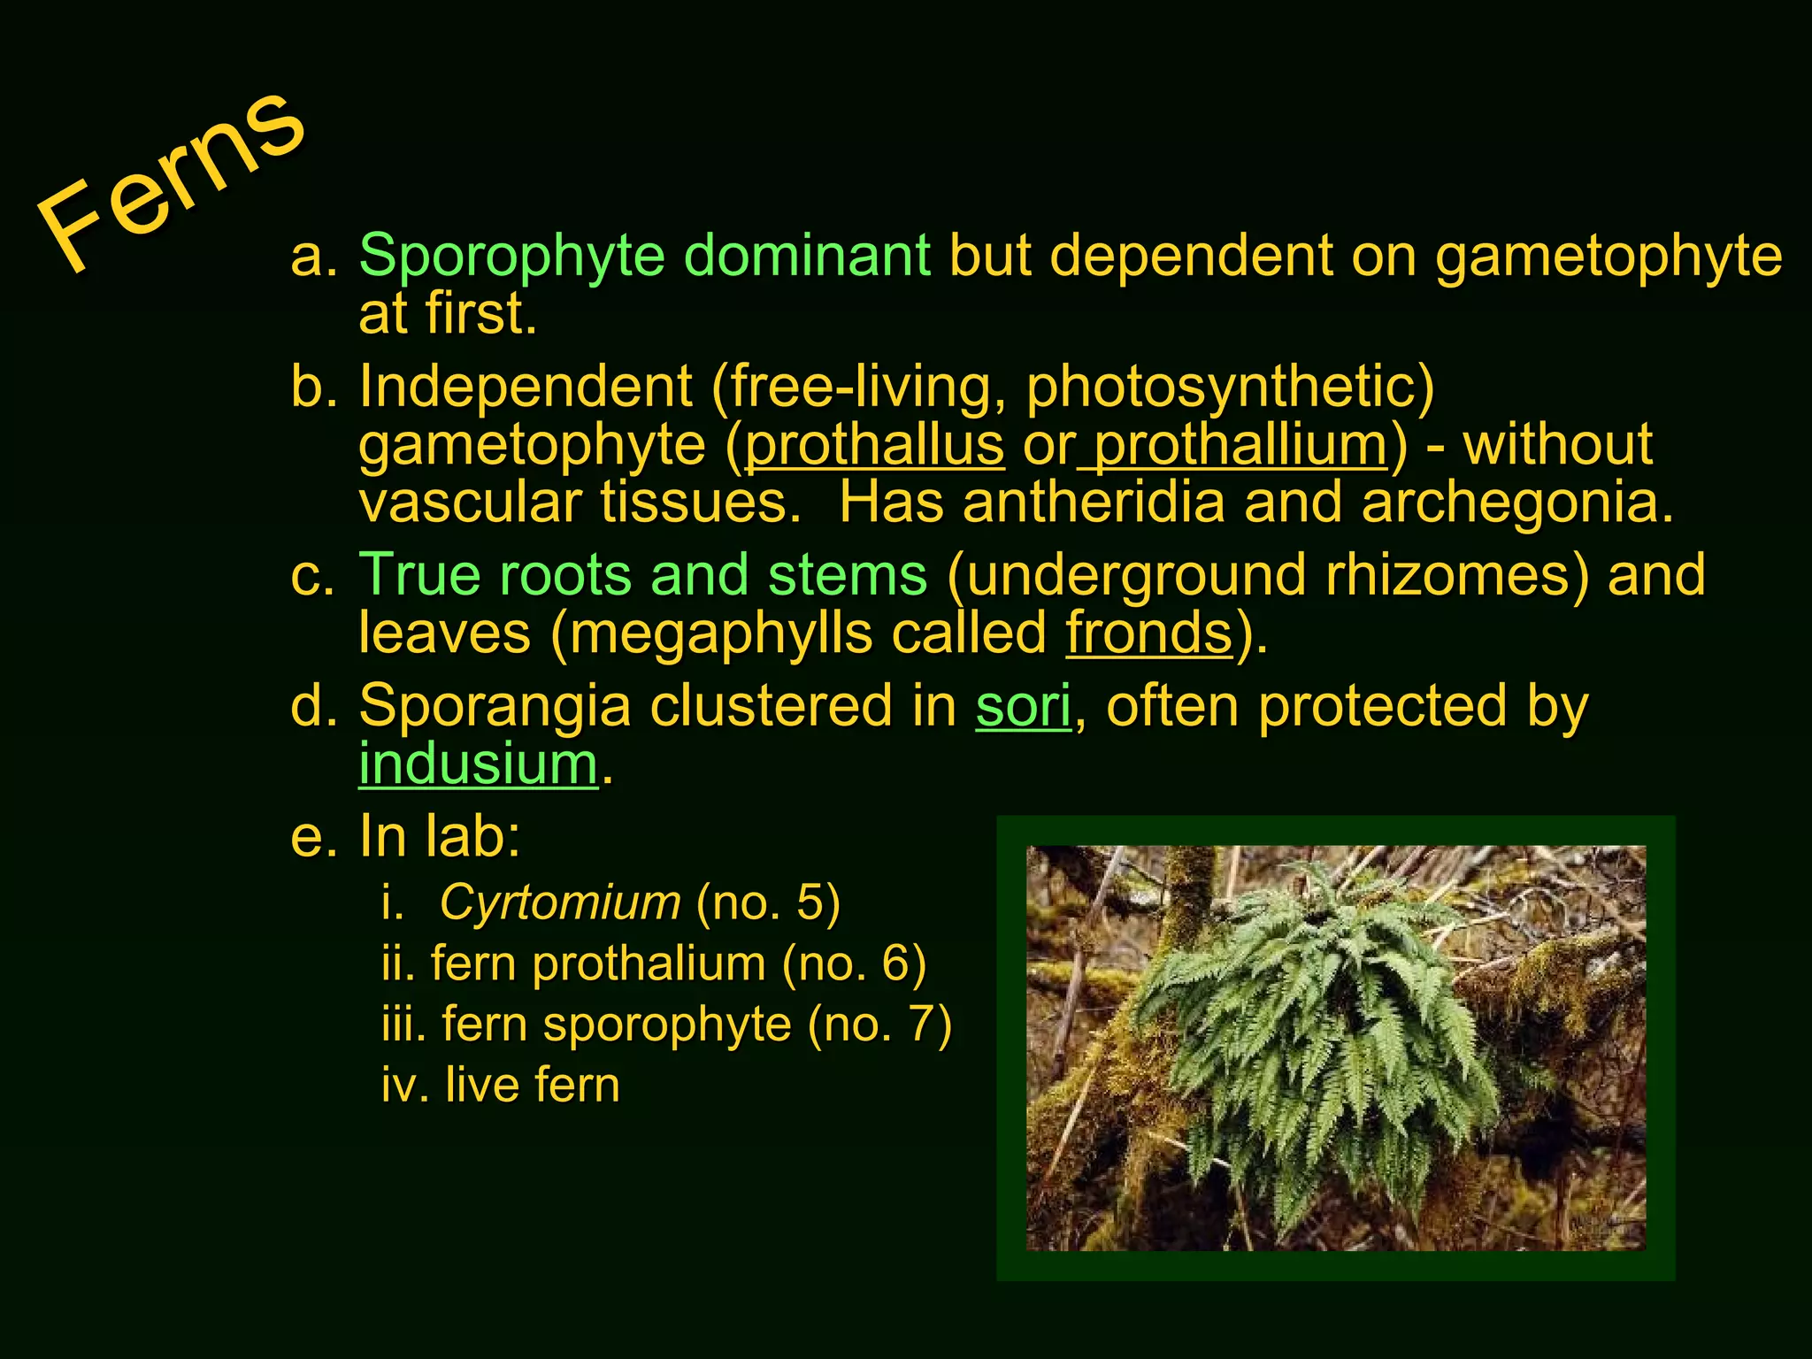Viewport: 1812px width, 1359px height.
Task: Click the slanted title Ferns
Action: [173, 181]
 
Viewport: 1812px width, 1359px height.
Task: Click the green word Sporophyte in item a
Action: [511, 256]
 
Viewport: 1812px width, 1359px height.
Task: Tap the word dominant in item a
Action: [807, 256]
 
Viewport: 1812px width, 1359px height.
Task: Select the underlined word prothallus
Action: [875, 445]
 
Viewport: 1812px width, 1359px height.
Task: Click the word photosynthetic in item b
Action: [1230, 388]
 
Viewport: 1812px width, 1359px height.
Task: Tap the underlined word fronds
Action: [1149, 633]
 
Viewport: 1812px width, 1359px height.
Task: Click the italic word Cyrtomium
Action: [560, 902]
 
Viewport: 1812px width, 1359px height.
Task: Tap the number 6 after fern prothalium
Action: [894, 964]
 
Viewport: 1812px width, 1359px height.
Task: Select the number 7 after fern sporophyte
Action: [919, 1025]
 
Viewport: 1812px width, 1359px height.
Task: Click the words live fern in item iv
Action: [532, 1085]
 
